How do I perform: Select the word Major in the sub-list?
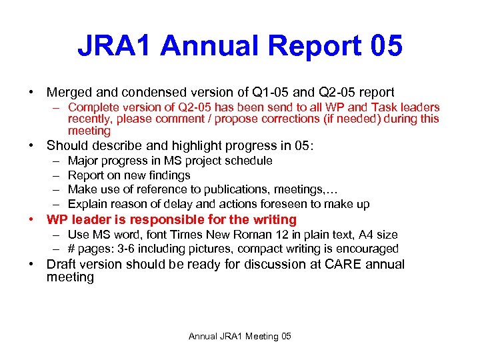click(83, 161)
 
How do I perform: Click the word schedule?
click(248, 161)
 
